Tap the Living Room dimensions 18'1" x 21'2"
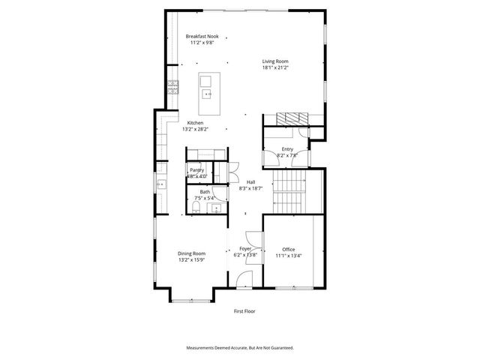(275, 68)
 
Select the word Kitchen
(195, 123)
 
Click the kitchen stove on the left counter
(172, 86)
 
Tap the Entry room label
(287, 149)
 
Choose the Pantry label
(196, 170)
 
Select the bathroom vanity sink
(217, 208)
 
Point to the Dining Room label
(191, 253)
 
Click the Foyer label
(244, 248)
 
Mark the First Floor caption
(244, 310)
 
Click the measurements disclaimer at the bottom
(240, 348)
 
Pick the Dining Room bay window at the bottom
(191, 301)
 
